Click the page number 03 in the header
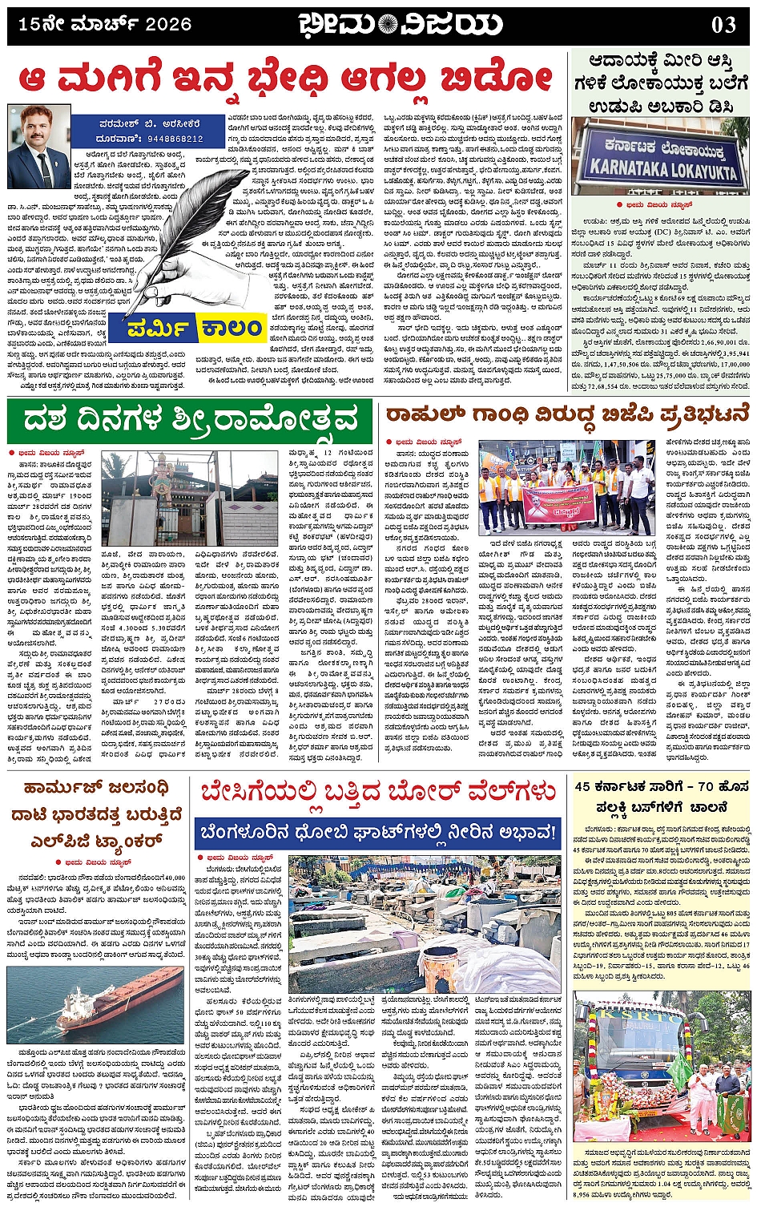pos(723,25)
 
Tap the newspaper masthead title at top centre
pos(400,25)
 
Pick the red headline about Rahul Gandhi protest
pos(567,414)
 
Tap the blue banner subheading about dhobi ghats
pos(378,834)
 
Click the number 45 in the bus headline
pos(582,785)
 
